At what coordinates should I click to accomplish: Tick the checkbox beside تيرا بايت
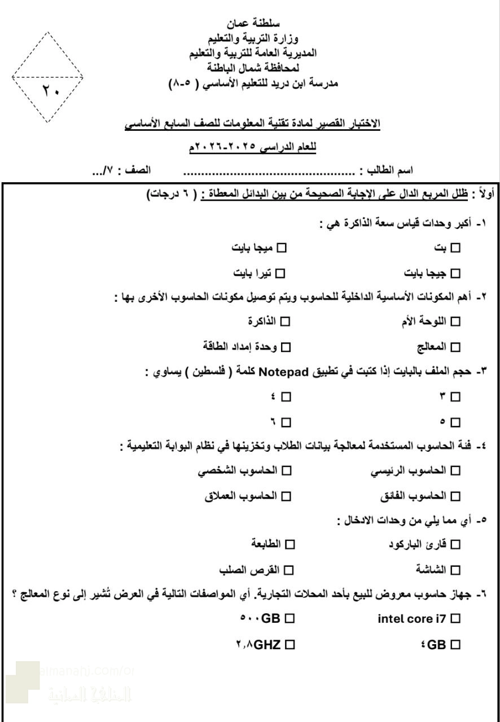click(279, 274)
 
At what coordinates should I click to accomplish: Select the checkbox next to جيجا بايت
click(455, 274)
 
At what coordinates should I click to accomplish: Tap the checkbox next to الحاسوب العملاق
click(286, 496)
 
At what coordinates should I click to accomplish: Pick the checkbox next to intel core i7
click(455, 619)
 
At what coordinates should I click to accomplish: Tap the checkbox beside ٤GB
click(455, 644)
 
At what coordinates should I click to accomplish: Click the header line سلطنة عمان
click(250, 25)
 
